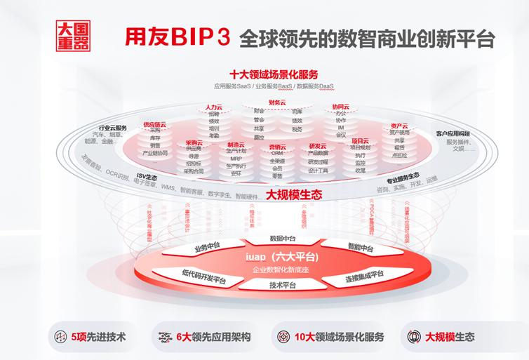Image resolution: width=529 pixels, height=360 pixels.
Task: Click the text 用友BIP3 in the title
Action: click(176, 36)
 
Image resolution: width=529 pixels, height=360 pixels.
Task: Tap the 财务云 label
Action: click(279, 102)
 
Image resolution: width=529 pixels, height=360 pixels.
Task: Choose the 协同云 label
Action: click(341, 107)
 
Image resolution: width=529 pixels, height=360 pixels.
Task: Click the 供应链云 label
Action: click(155, 124)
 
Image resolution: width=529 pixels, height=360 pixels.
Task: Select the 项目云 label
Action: click(360, 141)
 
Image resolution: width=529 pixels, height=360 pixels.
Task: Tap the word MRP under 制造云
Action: click(236, 159)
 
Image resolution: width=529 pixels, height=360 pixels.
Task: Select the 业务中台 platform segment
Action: click(207, 247)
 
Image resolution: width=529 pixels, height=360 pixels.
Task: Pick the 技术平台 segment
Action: click(283, 285)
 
